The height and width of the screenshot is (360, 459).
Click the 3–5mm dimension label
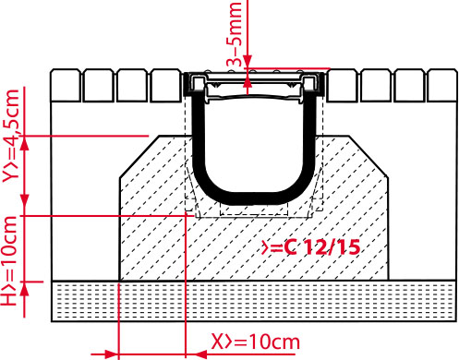click(235, 34)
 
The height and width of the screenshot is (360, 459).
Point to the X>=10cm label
click(255, 341)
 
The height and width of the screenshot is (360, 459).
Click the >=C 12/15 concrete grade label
click(310, 247)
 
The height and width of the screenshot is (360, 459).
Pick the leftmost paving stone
click(66, 85)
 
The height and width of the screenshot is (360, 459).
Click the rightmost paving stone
click(441, 85)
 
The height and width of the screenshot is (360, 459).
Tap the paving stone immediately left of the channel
click(166, 85)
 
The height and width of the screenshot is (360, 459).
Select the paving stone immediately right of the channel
click(342, 85)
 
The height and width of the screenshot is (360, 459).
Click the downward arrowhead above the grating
click(248, 61)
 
